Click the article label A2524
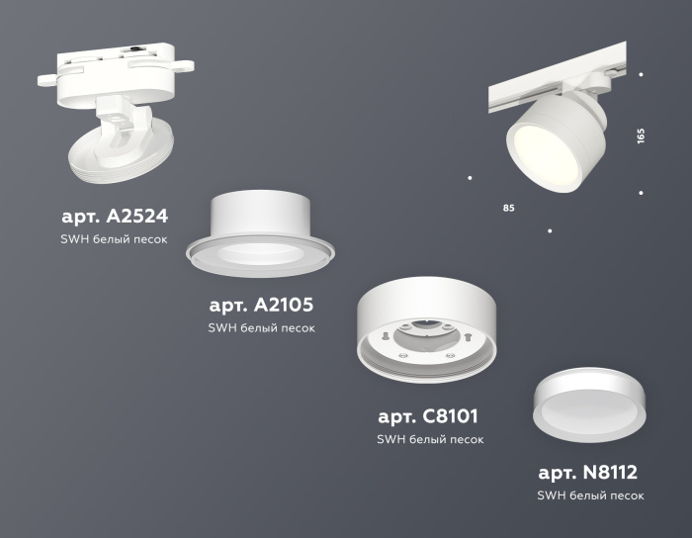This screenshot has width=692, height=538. pyautogui.click(x=115, y=216)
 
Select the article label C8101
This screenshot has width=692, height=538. pyautogui.click(x=428, y=416)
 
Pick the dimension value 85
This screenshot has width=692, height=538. pyautogui.click(x=508, y=209)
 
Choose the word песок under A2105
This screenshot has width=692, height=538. pyautogui.click(x=297, y=328)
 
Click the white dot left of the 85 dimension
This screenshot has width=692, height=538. pyautogui.click(x=470, y=178)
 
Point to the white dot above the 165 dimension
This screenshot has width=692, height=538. pyautogui.click(x=642, y=74)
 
